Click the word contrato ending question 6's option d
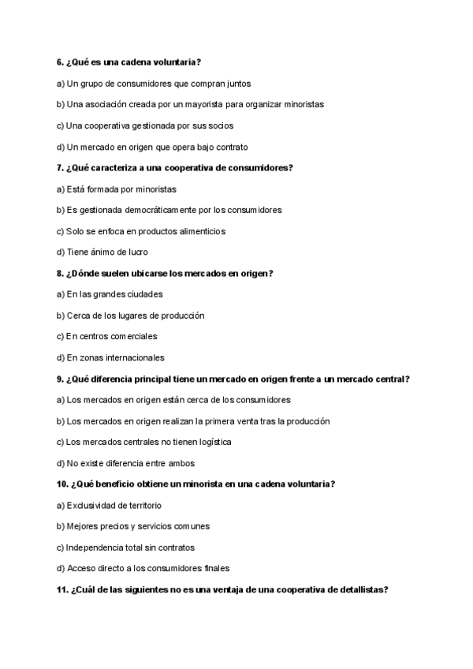pyautogui.click(x=231, y=147)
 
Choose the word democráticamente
pyautogui.click(x=169, y=210)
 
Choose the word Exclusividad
pyautogui.click(x=91, y=505)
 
